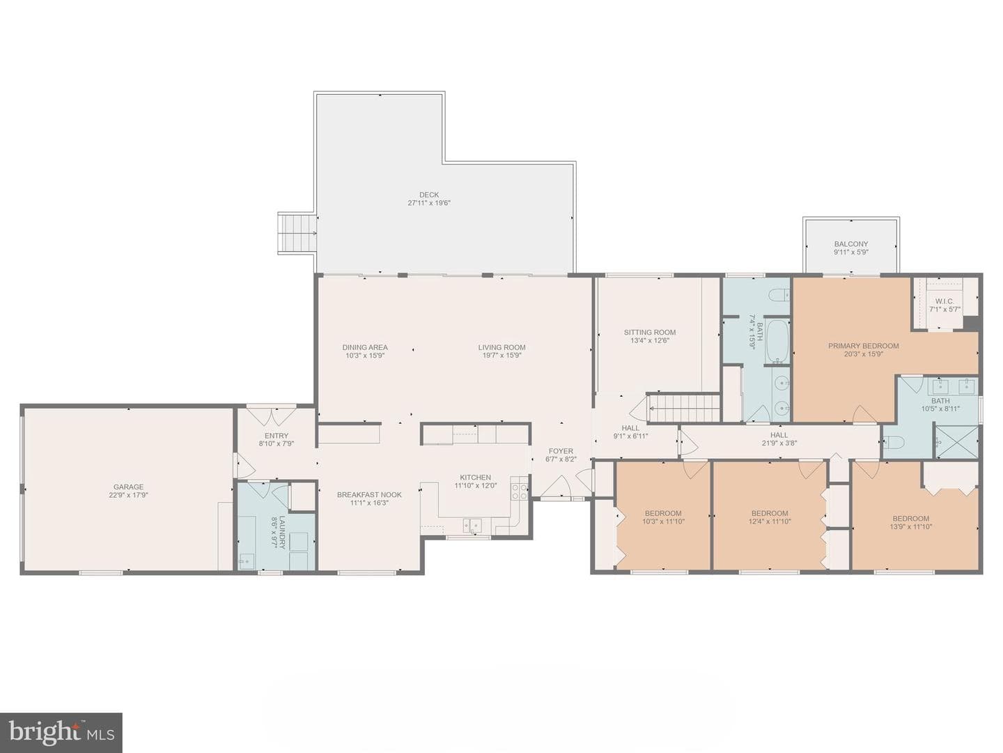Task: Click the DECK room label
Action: (x=428, y=195)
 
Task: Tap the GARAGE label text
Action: (x=128, y=487)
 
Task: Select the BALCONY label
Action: (x=851, y=244)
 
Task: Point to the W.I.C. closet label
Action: (x=944, y=302)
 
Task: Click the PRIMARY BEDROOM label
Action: (x=863, y=346)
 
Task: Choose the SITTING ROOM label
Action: (x=649, y=333)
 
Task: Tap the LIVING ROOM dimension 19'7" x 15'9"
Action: (x=501, y=356)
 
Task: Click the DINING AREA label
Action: (x=365, y=347)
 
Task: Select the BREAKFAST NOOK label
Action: (x=369, y=495)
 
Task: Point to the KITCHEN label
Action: (x=475, y=478)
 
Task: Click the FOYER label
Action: (x=561, y=451)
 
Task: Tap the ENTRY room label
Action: (x=277, y=436)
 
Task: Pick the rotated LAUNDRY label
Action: (x=282, y=532)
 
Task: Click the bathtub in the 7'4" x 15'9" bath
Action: (x=777, y=341)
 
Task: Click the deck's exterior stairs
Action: (x=297, y=233)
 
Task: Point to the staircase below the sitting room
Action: (x=685, y=409)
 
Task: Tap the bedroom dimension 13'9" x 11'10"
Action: (x=910, y=526)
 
